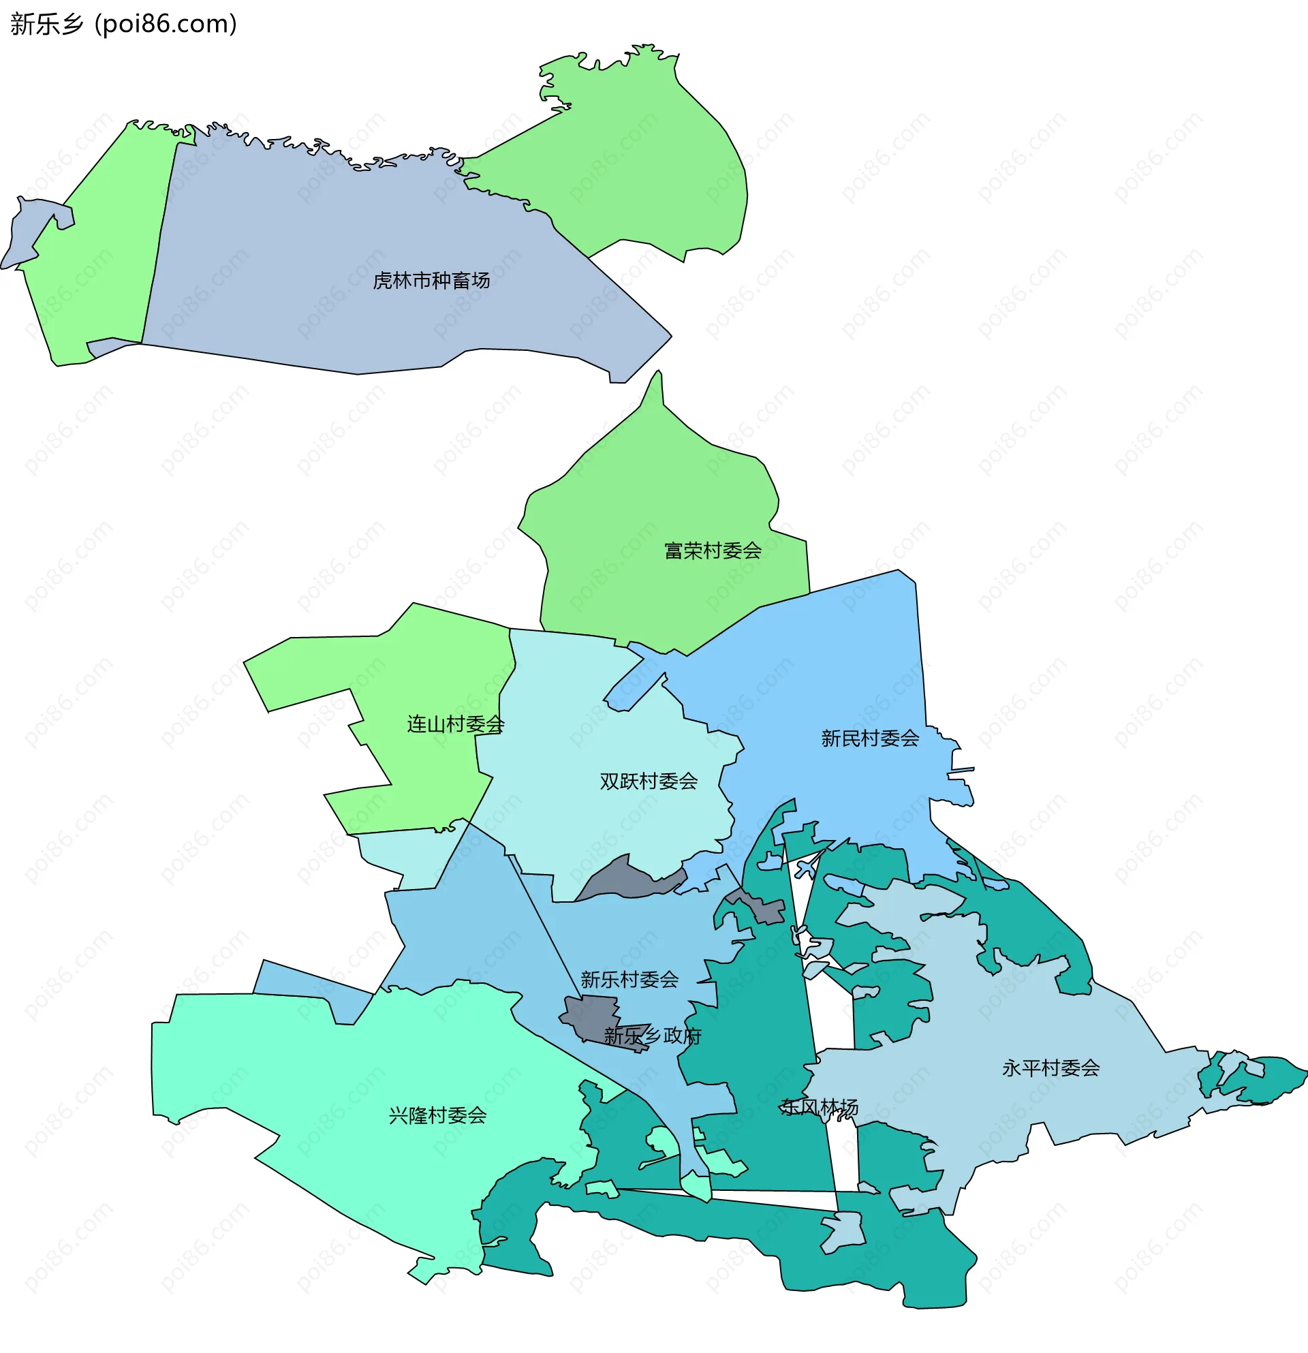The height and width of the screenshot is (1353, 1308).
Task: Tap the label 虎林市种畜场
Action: coord(431,280)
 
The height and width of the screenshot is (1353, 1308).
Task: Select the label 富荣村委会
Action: coord(713,551)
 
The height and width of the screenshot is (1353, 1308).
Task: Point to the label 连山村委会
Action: coord(456,724)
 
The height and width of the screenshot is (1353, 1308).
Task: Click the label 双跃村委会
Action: coord(648,781)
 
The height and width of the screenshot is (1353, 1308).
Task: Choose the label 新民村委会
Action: coord(870,738)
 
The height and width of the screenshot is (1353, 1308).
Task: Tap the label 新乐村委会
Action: coord(629,980)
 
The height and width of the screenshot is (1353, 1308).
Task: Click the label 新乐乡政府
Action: coord(652,1036)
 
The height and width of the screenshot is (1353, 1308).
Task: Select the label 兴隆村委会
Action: coord(437,1115)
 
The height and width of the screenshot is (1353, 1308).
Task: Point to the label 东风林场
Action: coord(820,1107)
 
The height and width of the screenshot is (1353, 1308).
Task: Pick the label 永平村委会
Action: coord(1050,1069)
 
